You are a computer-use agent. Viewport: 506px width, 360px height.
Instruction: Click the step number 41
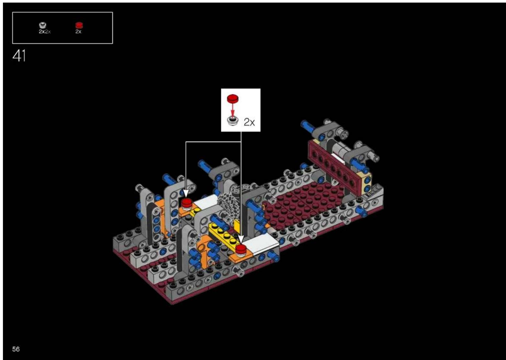19,55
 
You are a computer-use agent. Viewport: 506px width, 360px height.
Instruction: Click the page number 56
16,349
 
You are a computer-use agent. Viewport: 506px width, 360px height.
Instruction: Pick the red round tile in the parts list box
79,25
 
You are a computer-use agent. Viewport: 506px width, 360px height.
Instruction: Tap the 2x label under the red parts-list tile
78,32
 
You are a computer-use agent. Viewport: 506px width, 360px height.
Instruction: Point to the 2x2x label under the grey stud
44,32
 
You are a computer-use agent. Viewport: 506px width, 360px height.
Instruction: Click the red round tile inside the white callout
233,98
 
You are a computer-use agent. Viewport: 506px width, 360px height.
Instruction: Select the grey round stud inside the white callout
233,121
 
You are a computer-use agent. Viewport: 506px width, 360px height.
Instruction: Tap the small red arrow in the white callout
233,110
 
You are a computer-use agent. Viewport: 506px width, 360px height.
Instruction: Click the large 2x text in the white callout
249,122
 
